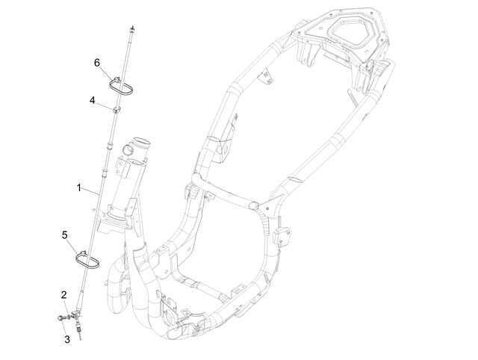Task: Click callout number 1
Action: pyautogui.click(x=79, y=187)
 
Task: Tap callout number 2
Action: pyautogui.click(x=63, y=295)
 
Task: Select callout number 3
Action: pyautogui.click(x=66, y=339)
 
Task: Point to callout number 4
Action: pyautogui.click(x=93, y=100)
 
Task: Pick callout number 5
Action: pyautogui.click(x=65, y=235)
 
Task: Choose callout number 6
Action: pyautogui.click(x=97, y=63)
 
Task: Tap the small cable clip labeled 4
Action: pyautogui.click(x=117, y=110)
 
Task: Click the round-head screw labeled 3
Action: pyautogui.click(x=60, y=318)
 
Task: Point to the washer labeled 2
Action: pyautogui.click(x=69, y=317)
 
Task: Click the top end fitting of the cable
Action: pyautogui.click(x=132, y=29)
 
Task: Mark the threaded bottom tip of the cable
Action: pyautogui.click(x=80, y=334)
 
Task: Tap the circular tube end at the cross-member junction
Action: pyautogui.click(x=254, y=205)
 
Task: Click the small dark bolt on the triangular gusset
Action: pyautogui.click(x=267, y=208)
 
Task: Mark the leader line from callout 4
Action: pyautogui.click(x=105, y=105)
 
